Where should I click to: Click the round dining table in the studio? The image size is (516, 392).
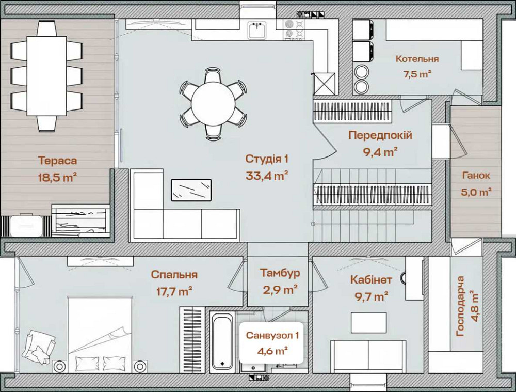[x=213, y=104]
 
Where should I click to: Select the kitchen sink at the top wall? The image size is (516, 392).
[x=256, y=30]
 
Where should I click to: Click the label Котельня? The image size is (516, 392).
[x=417, y=59]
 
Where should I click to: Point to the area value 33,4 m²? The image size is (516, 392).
[x=267, y=176]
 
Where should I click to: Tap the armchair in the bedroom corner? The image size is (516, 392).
[x=38, y=346]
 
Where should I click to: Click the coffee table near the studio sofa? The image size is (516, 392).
[x=191, y=190]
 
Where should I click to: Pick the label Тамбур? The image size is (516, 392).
[x=280, y=273]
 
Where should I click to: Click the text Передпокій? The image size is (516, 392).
[x=380, y=135]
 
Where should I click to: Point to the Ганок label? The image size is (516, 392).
[x=475, y=176]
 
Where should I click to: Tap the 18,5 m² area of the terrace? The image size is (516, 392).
[x=57, y=178]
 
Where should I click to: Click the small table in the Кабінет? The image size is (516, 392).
[x=368, y=323]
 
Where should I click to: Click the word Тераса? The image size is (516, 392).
[x=57, y=161]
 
